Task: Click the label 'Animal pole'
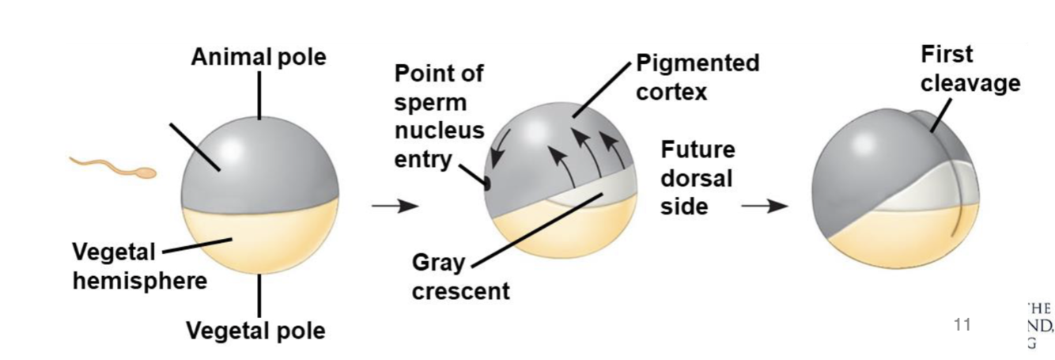258,57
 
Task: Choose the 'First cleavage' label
970,69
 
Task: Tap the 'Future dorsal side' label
698,177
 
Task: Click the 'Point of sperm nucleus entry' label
439,116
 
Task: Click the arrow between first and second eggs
395,207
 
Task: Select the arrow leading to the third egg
764,207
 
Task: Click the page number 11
962,324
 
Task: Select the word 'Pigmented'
697,63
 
